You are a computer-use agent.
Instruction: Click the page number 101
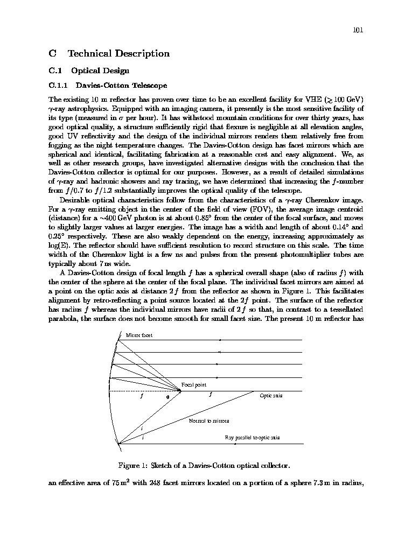point(358,30)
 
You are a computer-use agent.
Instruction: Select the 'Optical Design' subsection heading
point(100,71)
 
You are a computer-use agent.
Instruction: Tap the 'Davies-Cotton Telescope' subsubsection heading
point(121,85)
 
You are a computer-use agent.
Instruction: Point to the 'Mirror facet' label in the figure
point(139,335)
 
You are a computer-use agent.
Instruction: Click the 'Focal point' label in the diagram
point(193,385)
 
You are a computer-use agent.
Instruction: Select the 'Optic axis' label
point(271,396)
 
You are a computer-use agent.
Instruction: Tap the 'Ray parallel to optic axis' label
point(252,438)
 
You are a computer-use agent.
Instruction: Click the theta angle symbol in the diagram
point(167,397)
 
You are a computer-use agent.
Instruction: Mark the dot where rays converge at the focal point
point(180,391)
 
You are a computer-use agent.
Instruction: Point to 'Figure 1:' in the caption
point(133,465)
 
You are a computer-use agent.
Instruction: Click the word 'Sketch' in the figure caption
point(162,465)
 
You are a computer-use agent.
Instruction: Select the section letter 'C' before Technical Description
point(52,53)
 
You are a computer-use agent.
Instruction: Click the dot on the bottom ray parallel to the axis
point(235,444)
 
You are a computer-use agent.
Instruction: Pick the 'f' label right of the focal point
point(210,395)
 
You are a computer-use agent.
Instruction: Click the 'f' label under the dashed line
point(141,396)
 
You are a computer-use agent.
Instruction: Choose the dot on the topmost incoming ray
point(220,340)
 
